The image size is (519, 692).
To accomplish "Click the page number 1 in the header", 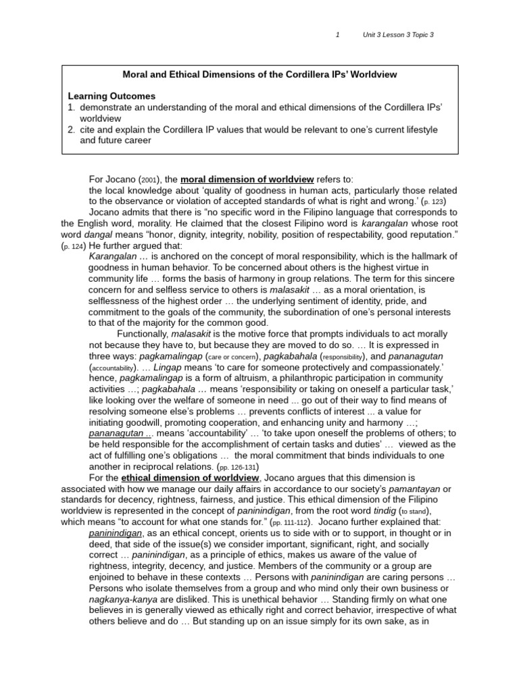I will pos(338,35).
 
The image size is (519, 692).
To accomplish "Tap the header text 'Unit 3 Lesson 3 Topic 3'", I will pos(398,35).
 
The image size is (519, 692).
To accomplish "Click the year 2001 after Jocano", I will pos(149,180).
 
